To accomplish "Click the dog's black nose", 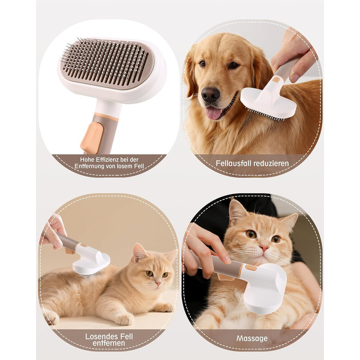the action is (x=210, y=95).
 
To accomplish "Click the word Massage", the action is (x=252, y=338).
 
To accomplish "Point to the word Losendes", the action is (x=100, y=336).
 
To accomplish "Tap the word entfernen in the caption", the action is (x=109, y=343).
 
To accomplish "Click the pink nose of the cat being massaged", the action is (x=264, y=248).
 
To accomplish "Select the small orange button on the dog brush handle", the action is (x=276, y=80).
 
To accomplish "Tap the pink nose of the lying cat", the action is (x=158, y=283).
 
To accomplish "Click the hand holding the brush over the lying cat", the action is (x=53, y=232).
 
